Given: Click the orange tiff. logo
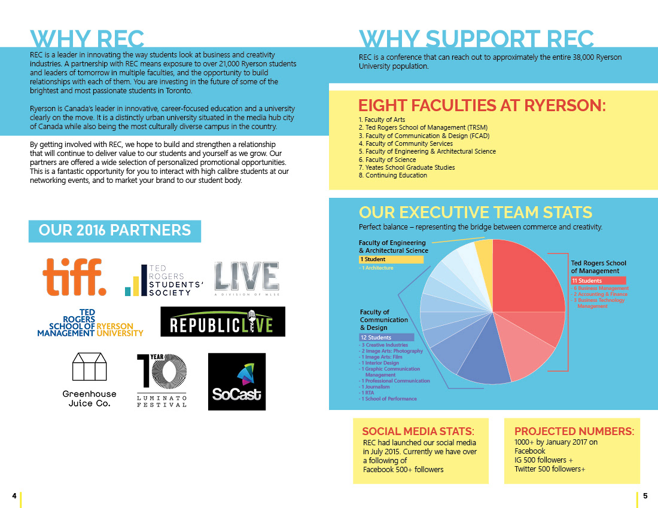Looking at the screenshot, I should (x=74, y=276).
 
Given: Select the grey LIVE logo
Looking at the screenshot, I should (x=246, y=278).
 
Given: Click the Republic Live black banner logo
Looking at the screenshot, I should (x=223, y=322).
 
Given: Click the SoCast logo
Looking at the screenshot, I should (x=236, y=381).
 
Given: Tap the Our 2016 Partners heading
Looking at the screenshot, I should (x=115, y=231).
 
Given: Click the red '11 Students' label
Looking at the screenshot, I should (x=598, y=280).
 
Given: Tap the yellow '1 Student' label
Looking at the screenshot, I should (x=391, y=259).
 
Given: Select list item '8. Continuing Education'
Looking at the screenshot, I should (x=392, y=176).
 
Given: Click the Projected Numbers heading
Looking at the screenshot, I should (x=574, y=432).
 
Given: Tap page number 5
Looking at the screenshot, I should (x=645, y=495).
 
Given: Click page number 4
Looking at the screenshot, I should (x=13, y=495).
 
